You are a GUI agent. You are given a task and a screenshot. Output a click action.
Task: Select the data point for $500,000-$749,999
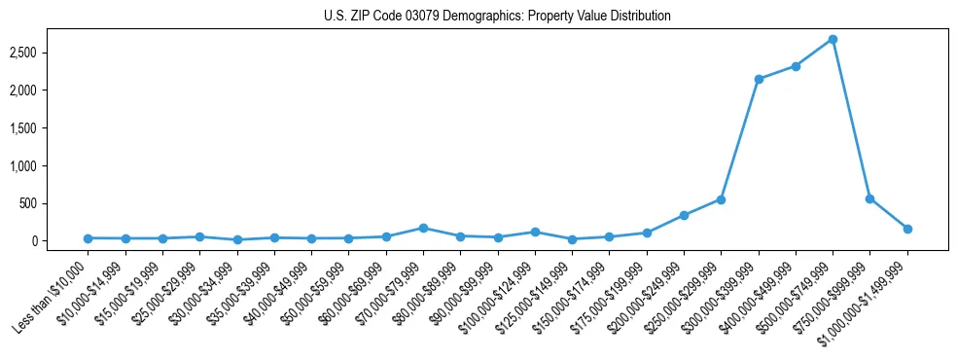(833, 39)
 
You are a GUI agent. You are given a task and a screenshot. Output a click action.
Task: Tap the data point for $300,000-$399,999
(759, 79)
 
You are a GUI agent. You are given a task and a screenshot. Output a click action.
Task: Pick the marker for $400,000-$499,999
(796, 66)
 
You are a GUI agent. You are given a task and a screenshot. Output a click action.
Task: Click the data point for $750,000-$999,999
(869, 198)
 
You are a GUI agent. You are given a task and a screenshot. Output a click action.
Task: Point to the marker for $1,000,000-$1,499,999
(907, 229)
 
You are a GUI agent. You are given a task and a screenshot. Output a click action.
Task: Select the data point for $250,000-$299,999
(721, 199)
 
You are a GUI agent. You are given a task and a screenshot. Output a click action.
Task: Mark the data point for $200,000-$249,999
(684, 215)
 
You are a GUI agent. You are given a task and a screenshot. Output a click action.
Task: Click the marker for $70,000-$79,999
(423, 228)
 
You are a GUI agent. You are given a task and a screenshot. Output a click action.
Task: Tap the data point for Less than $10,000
(88, 238)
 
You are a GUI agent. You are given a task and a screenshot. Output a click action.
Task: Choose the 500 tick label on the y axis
(56, 203)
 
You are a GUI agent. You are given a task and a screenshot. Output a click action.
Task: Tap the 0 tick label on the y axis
(62, 241)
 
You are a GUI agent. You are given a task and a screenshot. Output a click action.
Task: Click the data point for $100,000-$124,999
(535, 232)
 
